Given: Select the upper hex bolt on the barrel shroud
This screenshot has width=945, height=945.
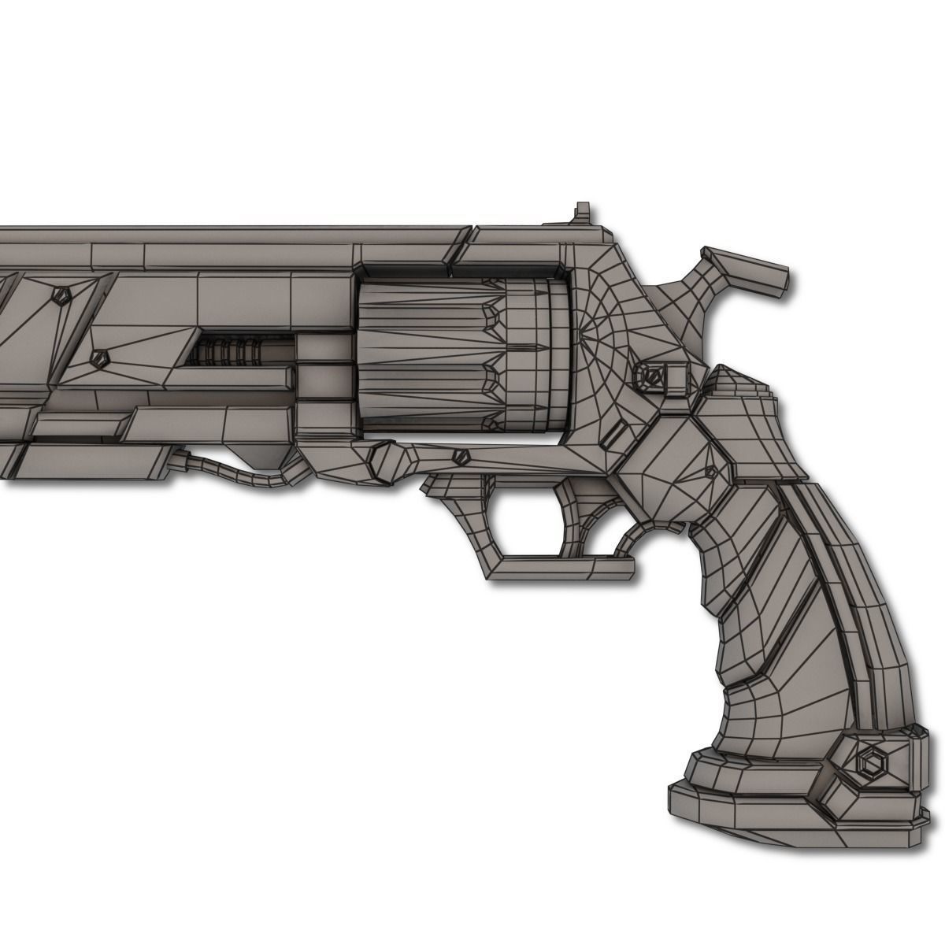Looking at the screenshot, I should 61,297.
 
